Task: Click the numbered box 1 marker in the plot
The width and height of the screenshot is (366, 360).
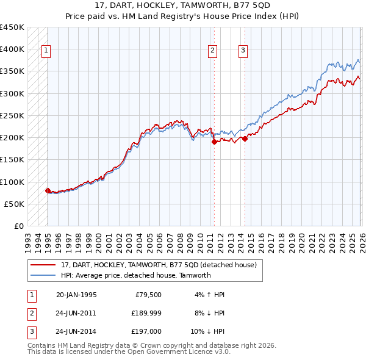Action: [x=47, y=51]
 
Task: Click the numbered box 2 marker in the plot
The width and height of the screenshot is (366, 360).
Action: [x=213, y=51]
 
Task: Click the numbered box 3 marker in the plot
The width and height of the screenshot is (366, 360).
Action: [x=243, y=51]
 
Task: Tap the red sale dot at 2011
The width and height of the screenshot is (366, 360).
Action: [x=214, y=142]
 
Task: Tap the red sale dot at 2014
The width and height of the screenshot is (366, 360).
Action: [x=245, y=139]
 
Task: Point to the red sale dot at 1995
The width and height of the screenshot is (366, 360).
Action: [x=48, y=190]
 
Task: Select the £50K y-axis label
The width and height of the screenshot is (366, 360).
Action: [x=15, y=204]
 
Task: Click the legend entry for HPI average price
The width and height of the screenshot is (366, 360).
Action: [x=135, y=275]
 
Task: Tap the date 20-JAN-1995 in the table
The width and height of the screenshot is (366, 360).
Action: [x=76, y=295]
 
